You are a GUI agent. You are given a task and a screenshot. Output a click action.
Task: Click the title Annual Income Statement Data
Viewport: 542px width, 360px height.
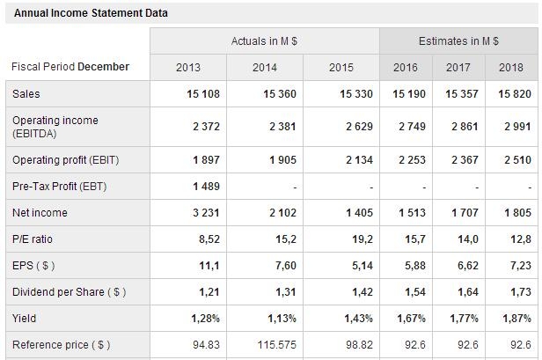(91, 13)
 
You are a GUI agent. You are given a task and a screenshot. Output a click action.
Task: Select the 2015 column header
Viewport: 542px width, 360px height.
(341, 67)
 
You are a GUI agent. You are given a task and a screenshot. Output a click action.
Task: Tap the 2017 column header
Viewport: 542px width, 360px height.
(458, 67)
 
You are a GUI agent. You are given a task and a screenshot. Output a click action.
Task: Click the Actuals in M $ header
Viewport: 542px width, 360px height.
(264, 41)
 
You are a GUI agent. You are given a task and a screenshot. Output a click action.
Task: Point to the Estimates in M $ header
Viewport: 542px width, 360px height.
(458, 41)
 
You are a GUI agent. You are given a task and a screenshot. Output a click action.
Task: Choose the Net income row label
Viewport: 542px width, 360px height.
(40, 213)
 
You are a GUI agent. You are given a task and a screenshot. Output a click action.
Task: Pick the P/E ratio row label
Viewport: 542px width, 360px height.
(34, 239)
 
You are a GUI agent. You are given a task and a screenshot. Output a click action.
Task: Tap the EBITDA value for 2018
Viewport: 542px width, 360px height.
(516, 127)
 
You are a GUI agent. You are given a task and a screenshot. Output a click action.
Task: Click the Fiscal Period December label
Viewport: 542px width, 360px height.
(70, 67)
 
